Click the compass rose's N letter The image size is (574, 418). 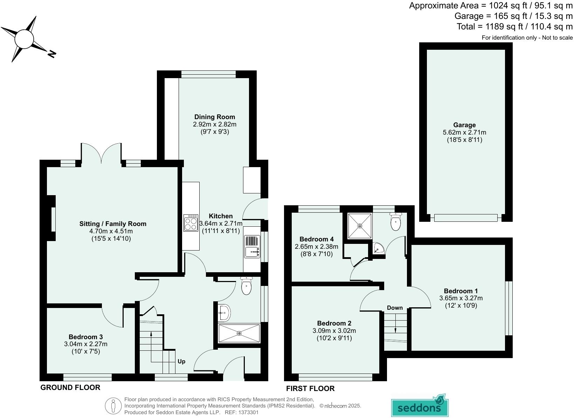pyautogui.click(x=51, y=54)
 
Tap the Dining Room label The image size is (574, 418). pyautogui.click(x=215, y=117)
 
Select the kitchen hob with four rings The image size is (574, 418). pyautogui.click(x=191, y=223)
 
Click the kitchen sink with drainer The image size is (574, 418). pyautogui.click(x=252, y=247)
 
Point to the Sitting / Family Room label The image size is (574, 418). pyautogui.click(x=113, y=224)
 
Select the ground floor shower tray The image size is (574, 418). pyautogui.click(x=239, y=333)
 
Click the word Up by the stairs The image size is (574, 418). pyautogui.click(x=181, y=361)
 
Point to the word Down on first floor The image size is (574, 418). pyautogui.click(x=395, y=308)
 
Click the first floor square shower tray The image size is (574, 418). pyautogui.click(x=360, y=226)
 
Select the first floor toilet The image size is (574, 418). pyautogui.click(x=395, y=222)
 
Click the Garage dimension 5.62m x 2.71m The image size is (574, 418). pyautogui.click(x=464, y=132)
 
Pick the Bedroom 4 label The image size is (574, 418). pyautogui.click(x=314, y=239)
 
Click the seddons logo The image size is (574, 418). pyautogui.click(x=419, y=406)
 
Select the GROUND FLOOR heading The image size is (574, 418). pyautogui.click(x=70, y=387)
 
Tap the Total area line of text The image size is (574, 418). pyautogui.click(x=514, y=26)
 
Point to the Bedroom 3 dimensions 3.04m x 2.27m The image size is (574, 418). pyautogui.click(x=86, y=344)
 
